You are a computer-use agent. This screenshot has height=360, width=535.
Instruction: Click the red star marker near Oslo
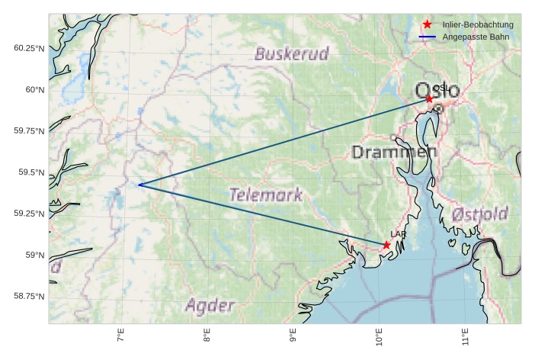pos(429,99)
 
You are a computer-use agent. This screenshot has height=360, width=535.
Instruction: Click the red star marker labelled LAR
pos(386,245)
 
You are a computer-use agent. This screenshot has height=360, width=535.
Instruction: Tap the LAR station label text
pos(398,234)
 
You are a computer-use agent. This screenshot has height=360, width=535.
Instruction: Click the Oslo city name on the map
pos(437,91)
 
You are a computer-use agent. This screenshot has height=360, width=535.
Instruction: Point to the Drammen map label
pos(394,153)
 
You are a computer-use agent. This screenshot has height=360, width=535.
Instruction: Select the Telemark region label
pos(266,194)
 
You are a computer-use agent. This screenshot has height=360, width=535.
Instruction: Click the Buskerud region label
pos(291,54)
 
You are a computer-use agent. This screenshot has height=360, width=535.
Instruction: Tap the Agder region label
pos(210,306)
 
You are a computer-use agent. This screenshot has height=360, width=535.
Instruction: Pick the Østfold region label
pos(479,214)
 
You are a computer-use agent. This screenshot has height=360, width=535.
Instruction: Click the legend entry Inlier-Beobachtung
pos(478,24)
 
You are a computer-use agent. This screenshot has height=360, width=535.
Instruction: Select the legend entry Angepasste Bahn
pos(476,37)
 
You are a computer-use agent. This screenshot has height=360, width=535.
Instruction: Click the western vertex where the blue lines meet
pos(139,185)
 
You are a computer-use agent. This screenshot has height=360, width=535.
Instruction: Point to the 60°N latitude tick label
pos(30,90)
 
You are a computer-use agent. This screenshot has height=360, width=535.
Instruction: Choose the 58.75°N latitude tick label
pos(26,296)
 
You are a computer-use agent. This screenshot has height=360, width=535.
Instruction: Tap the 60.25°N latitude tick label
pos(26,48)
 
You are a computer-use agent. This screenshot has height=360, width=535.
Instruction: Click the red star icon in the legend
pos(428,24)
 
